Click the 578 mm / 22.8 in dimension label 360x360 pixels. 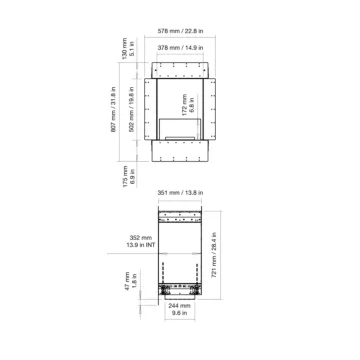point(180,29)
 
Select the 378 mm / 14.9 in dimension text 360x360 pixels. point(180,46)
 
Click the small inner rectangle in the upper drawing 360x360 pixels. point(180,127)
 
